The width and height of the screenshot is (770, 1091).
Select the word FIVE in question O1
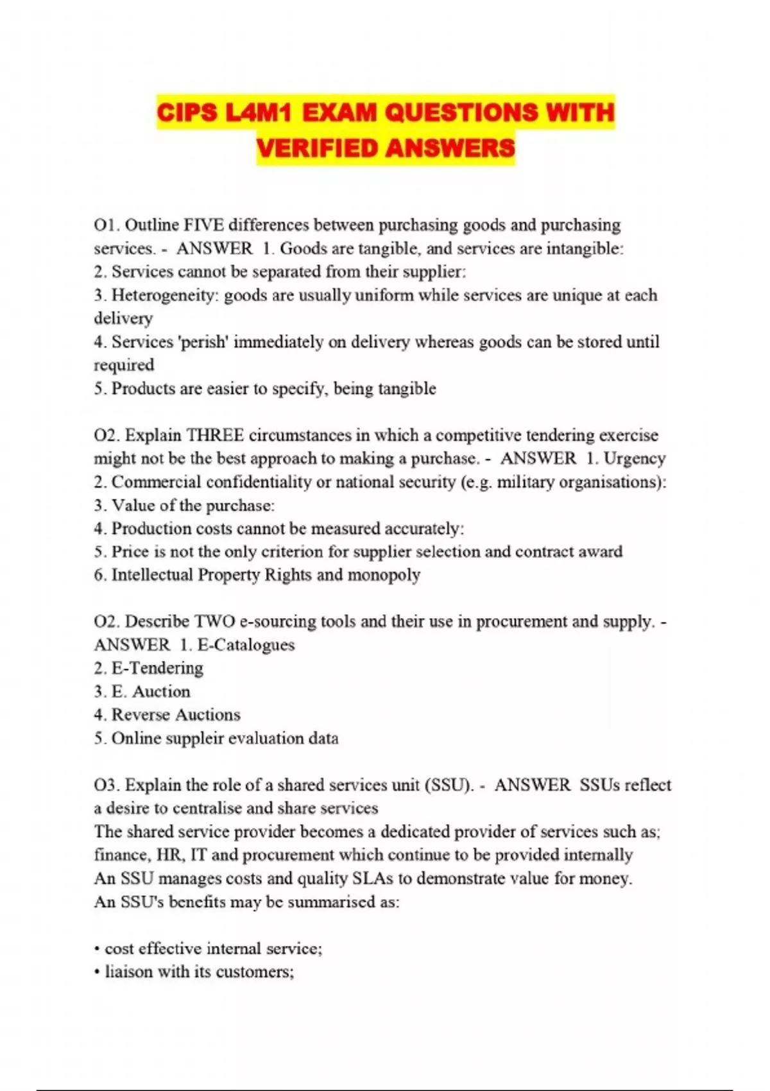203,225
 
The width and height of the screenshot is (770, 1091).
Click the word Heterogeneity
164,295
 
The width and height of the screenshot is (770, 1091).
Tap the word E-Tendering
157,668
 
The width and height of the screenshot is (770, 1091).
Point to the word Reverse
141,715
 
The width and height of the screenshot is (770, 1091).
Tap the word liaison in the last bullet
129,972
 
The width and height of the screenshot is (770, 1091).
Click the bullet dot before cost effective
97,949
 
